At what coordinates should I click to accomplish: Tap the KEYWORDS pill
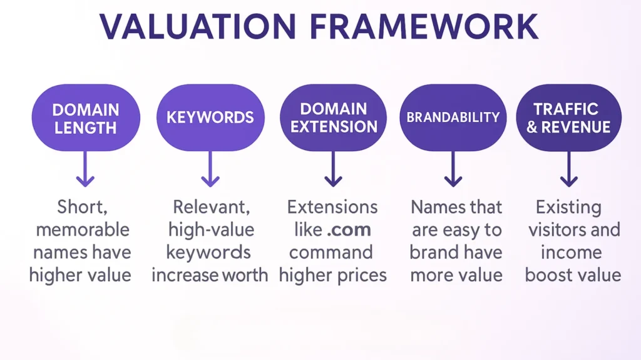[210, 117]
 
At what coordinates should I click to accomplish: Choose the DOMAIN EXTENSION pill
[334, 118]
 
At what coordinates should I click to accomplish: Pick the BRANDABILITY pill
[453, 117]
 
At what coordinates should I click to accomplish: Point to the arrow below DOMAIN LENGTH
[85, 171]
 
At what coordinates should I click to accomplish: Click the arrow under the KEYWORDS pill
[210, 171]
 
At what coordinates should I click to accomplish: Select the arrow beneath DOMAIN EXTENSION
[334, 171]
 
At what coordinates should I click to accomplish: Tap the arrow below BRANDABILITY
[453, 171]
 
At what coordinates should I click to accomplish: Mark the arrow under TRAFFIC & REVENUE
[568, 171]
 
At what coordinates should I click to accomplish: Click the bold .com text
[349, 229]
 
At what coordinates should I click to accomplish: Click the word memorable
[83, 230]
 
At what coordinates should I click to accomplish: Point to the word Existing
[568, 207]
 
